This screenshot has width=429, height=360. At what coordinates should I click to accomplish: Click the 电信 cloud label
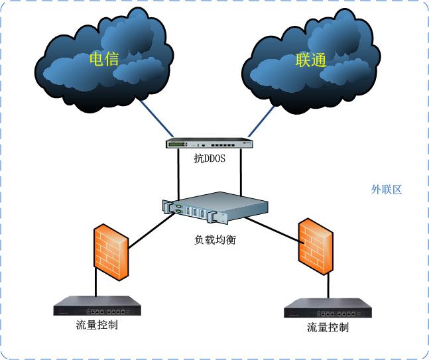point(103,59)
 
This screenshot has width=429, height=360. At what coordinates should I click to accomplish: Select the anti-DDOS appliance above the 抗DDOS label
point(210,143)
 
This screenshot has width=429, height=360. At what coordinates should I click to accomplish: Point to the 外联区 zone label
point(387,190)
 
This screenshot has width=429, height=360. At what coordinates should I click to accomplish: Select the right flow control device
point(328,309)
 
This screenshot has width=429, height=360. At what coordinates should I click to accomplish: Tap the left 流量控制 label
point(97,326)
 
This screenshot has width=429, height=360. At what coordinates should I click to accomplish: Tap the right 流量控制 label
point(328,328)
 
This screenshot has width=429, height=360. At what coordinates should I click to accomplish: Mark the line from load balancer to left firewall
point(147,229)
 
